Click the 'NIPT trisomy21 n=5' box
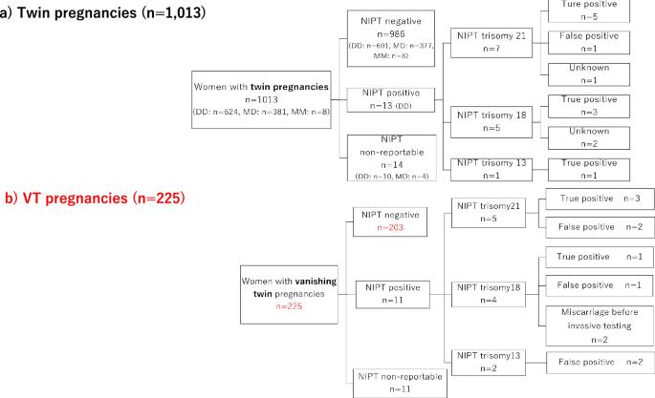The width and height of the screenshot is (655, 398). [491, 213]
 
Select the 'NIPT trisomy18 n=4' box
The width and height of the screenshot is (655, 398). [491, 292]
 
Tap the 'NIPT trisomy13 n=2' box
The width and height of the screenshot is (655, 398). [491, 360]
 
